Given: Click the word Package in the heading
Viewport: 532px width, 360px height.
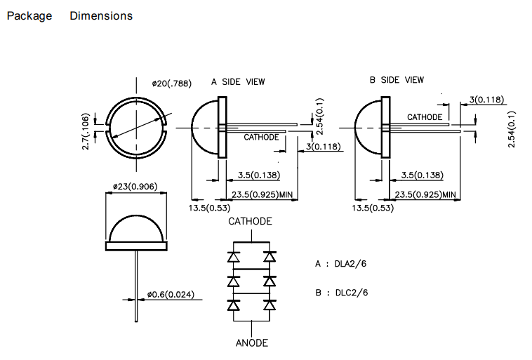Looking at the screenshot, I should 29,15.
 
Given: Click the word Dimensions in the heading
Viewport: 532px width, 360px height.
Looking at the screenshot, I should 101,15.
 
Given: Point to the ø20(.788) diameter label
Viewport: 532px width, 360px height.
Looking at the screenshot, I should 171,84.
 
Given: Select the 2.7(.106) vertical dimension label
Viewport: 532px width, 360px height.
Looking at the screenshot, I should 86,131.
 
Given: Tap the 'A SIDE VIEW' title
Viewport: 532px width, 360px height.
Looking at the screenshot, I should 238,81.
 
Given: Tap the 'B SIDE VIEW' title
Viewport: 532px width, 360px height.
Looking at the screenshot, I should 397,80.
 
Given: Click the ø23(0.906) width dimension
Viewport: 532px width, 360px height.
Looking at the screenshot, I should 135,187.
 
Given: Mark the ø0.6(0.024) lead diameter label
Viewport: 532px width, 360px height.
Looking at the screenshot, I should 172,294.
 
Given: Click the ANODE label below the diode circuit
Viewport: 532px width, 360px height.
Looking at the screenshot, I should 251,343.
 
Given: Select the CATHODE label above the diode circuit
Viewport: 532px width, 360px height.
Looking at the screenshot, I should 250,222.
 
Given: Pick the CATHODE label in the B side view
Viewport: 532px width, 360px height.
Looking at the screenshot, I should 425,117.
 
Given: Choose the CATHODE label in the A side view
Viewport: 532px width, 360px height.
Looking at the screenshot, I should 261,138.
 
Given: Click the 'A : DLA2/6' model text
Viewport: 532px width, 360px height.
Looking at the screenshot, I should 342,265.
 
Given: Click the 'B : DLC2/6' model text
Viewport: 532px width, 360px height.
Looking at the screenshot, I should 342,292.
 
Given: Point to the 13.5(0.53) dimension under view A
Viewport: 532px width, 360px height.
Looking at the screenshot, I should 206,208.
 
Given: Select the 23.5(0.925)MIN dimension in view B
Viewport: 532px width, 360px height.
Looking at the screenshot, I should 426,194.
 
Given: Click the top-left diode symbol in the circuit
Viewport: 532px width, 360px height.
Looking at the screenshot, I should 233,258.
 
